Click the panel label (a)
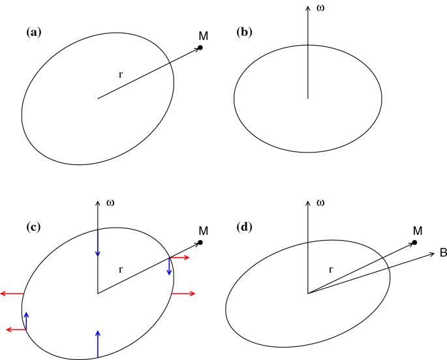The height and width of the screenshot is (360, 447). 33,31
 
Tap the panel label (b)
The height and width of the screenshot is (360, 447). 246,31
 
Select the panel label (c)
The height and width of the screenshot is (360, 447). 33,227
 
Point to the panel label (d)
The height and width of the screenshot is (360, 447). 246,227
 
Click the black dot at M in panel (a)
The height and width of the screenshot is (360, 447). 200,48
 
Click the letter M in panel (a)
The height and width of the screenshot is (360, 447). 203,35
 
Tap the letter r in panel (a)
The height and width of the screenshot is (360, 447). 120,74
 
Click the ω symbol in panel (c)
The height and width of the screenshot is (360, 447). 110,202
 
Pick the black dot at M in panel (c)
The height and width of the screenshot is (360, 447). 200,243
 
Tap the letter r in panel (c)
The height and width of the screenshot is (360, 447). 120,269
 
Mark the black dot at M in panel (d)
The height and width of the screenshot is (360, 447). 414,243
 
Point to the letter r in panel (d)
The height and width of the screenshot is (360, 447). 331,269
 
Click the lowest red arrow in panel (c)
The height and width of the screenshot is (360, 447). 16,330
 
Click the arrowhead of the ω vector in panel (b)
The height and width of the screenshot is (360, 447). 307,8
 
